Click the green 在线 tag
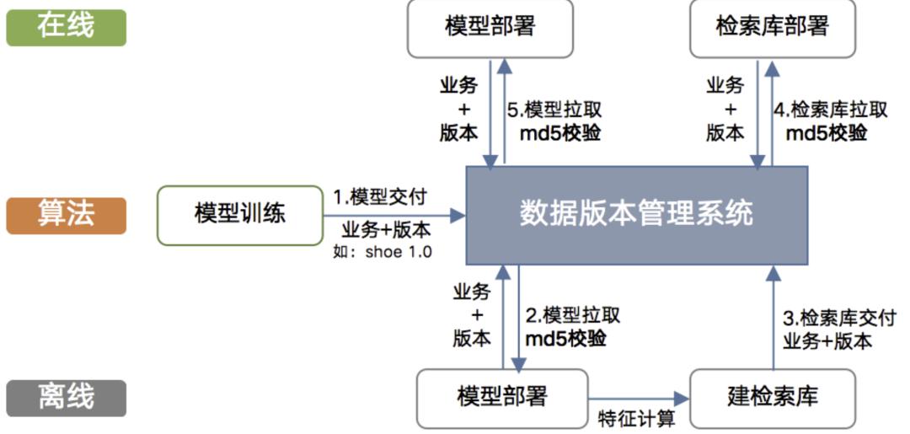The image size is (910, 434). pyautogui.click(x=66, y=26)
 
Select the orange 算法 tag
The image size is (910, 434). pyautogui.click(x=66, y=215)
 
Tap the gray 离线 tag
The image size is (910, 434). pyautogui.click(x=66, y=397)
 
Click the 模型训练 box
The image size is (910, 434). pyautogui.click(x=240, y=215)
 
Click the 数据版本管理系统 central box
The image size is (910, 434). pyautogui.click(x=636, y=214)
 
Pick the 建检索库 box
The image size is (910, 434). pyautogui.click(x=772, y=397)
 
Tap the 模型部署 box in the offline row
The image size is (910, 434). pyautogui.click(x=502, y=397)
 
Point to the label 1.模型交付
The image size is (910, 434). pyautogui.click(x=380, y=196)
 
